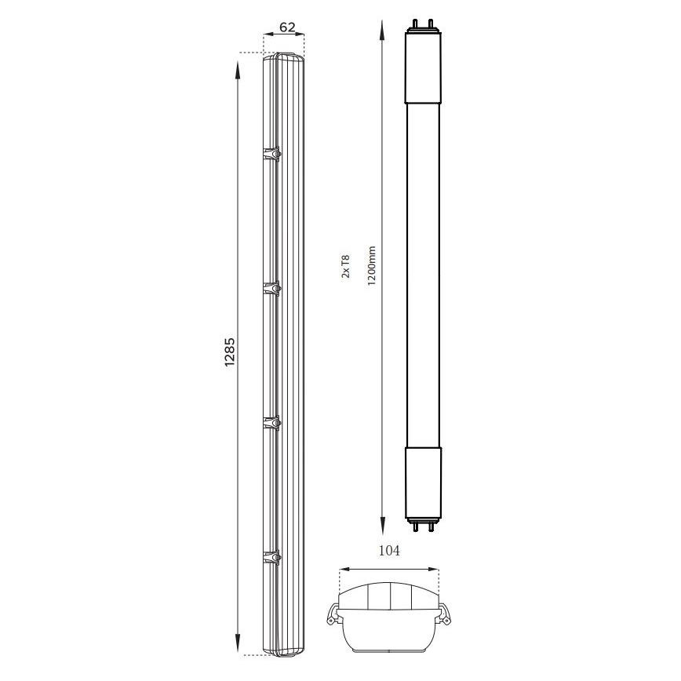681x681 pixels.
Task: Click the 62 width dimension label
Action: click(x=287, y=27)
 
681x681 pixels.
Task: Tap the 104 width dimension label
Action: click(x=389, y=551)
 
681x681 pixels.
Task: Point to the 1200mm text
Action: click(x=372, y=266)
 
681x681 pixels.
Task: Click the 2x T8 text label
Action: click(x=345, y=267)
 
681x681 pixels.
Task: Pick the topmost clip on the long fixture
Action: click(x=271, y=155)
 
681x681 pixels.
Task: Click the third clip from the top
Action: click(x=271, y=423)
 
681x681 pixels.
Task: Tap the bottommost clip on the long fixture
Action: click(x=271, y=558)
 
